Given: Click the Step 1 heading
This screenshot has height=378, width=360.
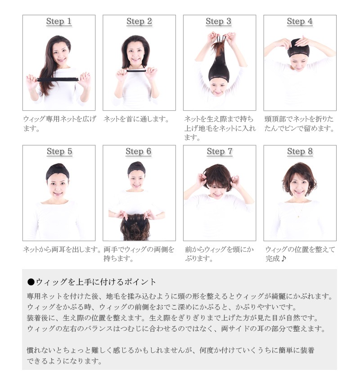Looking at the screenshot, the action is click(59, 21).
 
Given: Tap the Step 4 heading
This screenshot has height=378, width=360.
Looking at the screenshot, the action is click(300, 21).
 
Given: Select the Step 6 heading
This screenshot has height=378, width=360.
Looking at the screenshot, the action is click(139, 151).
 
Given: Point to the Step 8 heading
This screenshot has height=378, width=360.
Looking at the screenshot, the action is click(300, 151).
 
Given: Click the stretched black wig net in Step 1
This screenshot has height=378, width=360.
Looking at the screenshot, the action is click(58, 79).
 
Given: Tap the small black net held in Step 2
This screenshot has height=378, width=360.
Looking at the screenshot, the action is click(136, 71).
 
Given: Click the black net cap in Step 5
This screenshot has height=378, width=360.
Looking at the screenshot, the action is click(58, 171).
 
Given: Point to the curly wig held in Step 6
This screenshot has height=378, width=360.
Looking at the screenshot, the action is click(135, 227).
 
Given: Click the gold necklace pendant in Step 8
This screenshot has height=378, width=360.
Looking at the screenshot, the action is click(298, 216).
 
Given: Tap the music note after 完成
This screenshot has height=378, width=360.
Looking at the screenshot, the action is click(283, 258).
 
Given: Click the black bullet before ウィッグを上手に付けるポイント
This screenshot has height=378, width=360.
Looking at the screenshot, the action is click(31, 282).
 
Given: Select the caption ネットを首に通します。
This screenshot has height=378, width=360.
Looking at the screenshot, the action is click(136, 119).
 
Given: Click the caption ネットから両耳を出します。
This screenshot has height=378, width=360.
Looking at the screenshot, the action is click(62, 249).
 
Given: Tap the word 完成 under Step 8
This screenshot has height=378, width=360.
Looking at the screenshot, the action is click(273, 258).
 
